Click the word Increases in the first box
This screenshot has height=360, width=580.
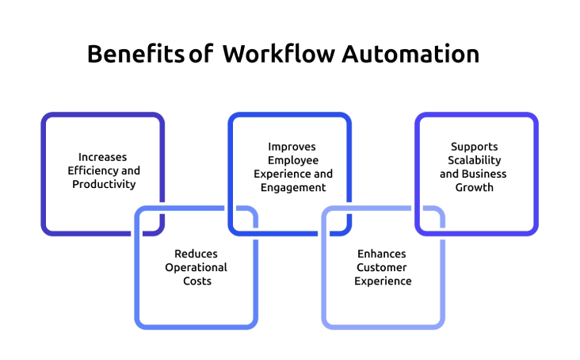(102, 157)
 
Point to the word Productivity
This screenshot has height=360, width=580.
(103, 184)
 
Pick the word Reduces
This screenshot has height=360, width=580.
(196, 254)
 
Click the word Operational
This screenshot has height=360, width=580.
(196, 267)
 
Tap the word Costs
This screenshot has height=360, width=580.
(196, 281)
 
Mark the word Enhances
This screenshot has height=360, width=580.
(382, 254)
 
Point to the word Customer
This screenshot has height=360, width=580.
(382, 267)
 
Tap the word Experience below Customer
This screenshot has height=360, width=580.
(383, 281)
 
